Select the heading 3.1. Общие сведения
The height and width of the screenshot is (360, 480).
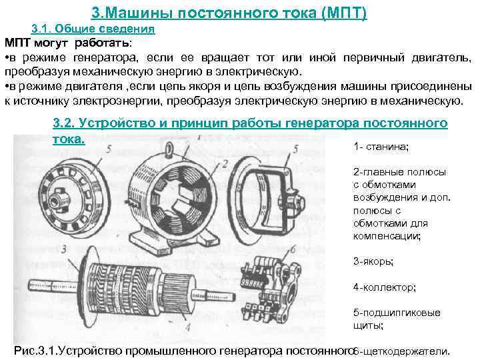[x=93, y=29]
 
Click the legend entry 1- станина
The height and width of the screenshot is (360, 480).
[x=381, y=147]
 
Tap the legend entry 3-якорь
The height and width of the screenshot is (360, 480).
[x=373, y=262]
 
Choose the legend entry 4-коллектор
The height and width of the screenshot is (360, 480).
[x=385, y=287]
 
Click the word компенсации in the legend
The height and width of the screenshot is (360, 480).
[x=387, y=236]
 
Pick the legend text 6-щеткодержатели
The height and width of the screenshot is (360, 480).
[x=401, y=351]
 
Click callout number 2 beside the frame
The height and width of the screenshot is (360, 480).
[x=225, y=165]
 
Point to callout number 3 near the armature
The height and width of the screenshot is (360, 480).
[x=64, y=249]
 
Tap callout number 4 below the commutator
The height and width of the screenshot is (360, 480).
[x=187, y=327]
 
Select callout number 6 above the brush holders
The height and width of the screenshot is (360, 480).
[x=293, y=249]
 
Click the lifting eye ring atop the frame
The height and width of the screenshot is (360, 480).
[x=169, y=149]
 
